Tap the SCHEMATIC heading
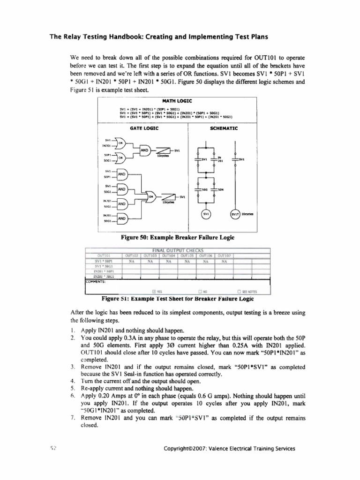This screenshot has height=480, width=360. click(225, 127)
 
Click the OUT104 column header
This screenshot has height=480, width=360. click(168, 255)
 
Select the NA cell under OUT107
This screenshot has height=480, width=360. click(224, 261)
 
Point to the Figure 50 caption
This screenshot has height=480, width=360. click(178, 238)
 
